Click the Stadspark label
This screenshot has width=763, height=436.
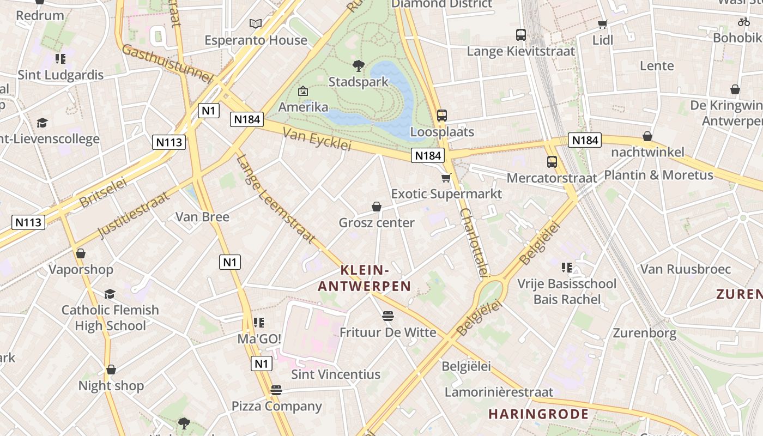pyautogui.click(x=359, y=82)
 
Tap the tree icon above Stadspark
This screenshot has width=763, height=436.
pyautogui.click(x=359, y=66)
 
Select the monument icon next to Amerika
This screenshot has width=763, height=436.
pyautogui.click(x=303, y=91)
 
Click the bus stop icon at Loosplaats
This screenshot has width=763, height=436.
pyautogui.click(x=442, y=116)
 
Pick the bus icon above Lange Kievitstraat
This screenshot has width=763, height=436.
pyautogui.click(x=521, y=35)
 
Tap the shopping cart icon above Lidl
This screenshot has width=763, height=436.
pyautogui.click(x=602, y=24)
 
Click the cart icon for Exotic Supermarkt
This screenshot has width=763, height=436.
pyautogui.click(x=446, y=178)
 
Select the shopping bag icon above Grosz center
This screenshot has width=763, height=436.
pyautogui.click(x=376, y=207)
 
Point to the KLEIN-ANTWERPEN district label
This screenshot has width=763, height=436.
pyautogui.click(x=364, y=278)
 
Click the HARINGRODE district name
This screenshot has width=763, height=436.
pyautogui.click(x=538, y=414)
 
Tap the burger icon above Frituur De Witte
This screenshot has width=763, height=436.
pyautogui.click(x=388, y=316)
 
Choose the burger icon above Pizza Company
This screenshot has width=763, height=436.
pyautogui.click(x=276, y=390)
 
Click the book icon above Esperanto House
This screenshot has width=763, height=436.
pyautogui.click(x=256, y=23)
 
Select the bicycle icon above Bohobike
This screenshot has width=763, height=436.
pyautogui.click(x=744, y=22)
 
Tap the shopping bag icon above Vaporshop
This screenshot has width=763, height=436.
pyautogui.click(x=81, y=253)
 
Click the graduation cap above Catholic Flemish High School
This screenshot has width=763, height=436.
pyautogui.click(x=110, y=294)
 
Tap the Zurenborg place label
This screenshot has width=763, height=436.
pyautogui.click(x=645, y=333)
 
